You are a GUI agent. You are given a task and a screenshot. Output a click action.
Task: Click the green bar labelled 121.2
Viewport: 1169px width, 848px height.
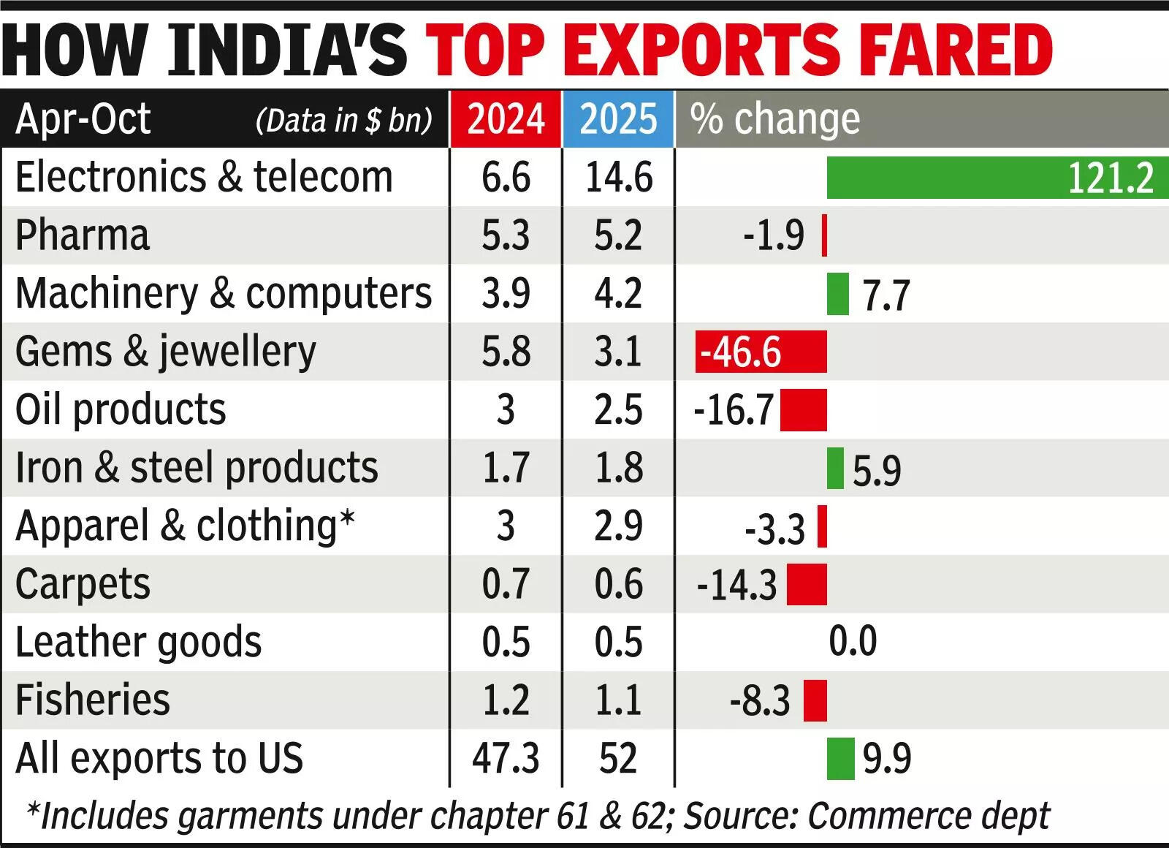[x=997, y=178]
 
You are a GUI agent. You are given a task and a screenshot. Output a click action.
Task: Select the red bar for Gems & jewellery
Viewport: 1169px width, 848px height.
[x=761, y=352]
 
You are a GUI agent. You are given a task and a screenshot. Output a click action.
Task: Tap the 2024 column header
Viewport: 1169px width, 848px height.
[x=506, y=119]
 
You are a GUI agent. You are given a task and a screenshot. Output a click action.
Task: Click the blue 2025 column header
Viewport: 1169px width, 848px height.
[x=618, y=119]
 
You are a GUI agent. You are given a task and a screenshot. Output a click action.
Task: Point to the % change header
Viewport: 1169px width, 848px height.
[x=774, y=119]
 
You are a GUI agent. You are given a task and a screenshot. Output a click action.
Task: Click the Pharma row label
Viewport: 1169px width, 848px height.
[x=82, y=235]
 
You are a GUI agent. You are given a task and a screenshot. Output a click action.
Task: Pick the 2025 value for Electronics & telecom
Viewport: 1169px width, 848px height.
[x=618, y=178]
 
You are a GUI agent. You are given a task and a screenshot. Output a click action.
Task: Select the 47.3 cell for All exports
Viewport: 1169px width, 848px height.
[x=506, y=758]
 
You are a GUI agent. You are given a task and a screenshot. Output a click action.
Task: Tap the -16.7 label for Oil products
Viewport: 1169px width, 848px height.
[x=733, y=410]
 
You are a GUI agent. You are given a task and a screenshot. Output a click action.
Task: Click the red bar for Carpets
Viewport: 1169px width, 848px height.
[x=807, y=584]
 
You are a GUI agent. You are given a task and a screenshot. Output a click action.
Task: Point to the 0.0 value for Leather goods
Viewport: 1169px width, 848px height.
[x=853, y=641]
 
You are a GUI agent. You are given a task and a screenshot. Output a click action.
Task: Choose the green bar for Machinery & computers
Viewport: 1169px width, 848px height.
[x=837, y=294]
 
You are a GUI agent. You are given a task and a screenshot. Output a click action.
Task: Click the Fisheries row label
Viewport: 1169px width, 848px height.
[x=92, y=700]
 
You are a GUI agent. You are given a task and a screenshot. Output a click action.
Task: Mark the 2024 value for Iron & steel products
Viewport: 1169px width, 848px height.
[x=506, y=468]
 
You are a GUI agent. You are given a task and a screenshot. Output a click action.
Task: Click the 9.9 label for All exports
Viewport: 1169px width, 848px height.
[x=887, y=759]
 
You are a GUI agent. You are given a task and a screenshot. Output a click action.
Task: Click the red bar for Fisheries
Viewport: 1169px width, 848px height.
[x=815, y=700]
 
